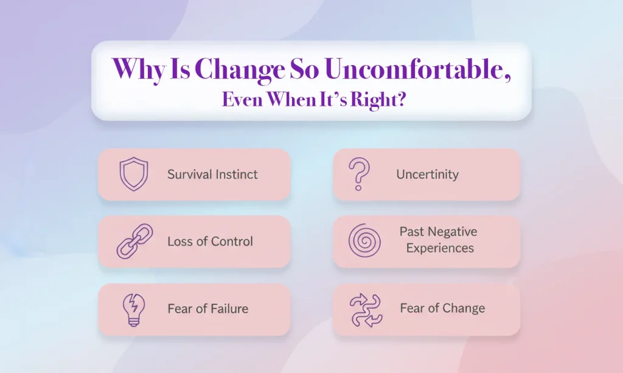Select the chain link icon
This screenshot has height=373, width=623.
pyautogui.click(x=131, y=241)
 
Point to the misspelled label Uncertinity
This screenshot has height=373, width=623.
pyautogui.click(x=427, y=174)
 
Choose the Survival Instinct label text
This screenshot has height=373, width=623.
pyautogui.click(x=212, y=174)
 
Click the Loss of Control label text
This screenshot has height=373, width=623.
pyautogui.click(x=210, y=241)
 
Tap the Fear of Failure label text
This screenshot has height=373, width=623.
pyautogui.click(x=207, y=309)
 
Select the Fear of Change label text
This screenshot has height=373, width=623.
pyautogui.click(x=442, y=309)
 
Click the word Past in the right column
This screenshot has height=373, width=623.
pyautogui.click(x=412, y=232)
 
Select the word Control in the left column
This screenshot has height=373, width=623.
pyautogui.click(x=231, y=241)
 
